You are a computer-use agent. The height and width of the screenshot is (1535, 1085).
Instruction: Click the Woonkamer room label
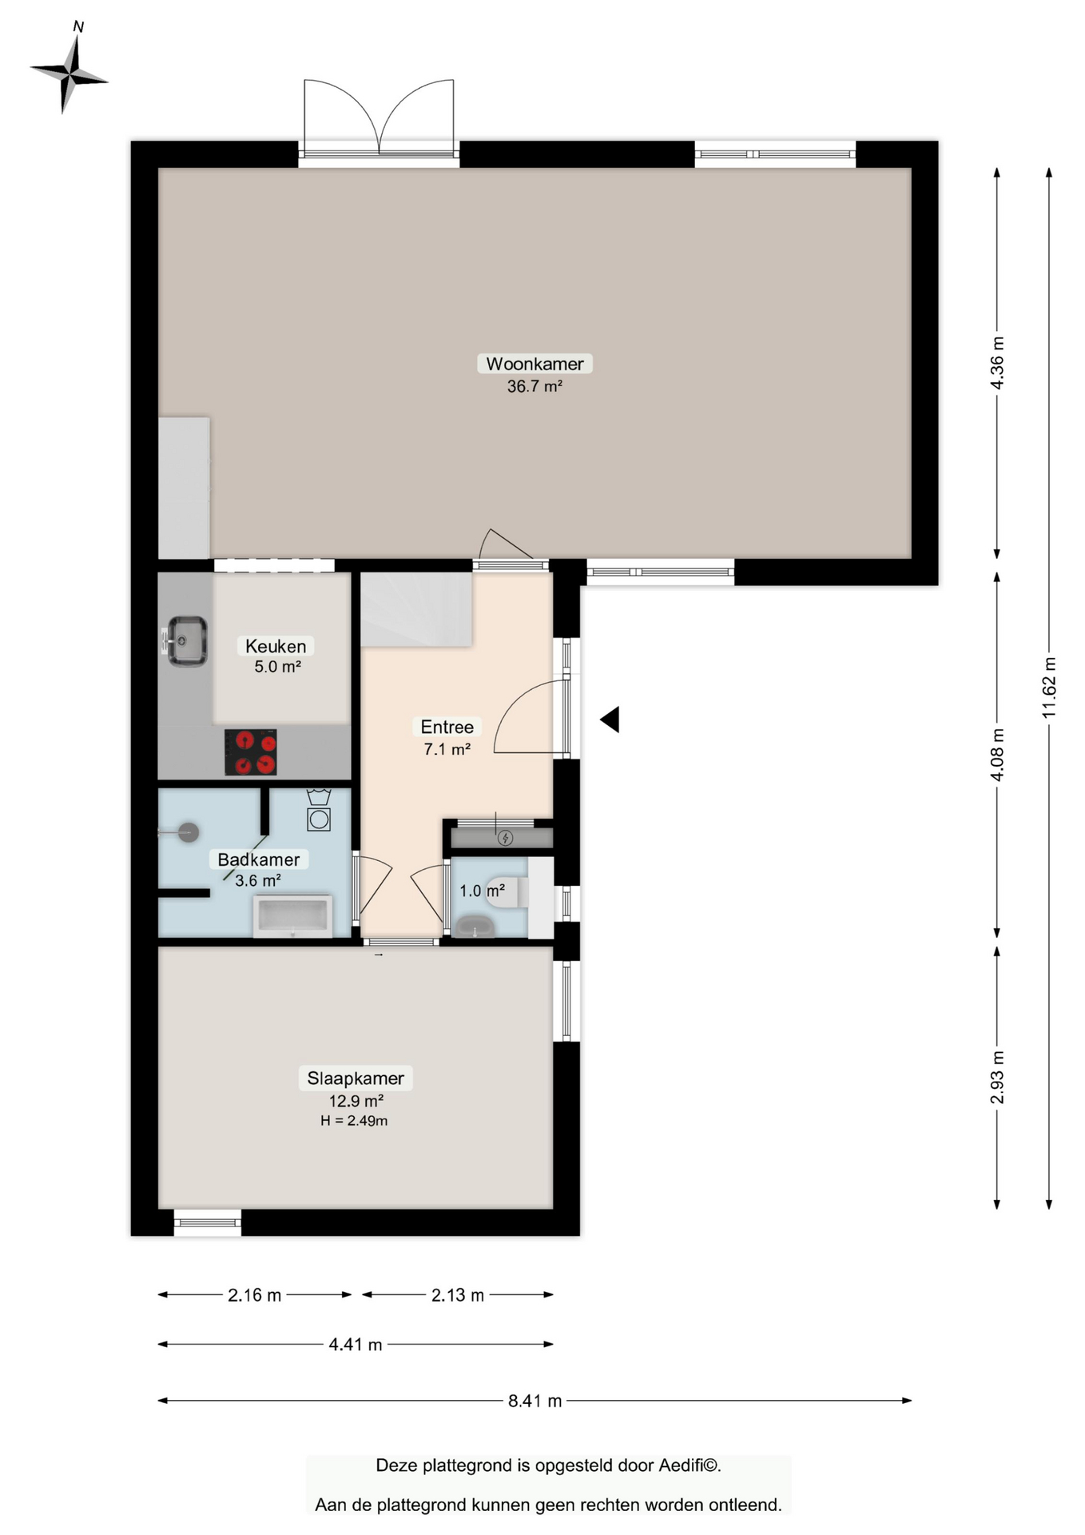[x=535, y=364]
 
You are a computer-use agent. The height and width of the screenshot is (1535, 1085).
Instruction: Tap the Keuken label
[x=276, y=646]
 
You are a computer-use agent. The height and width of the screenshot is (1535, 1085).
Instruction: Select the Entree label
[x=447, y=727]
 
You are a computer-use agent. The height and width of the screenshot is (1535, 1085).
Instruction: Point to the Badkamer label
[x=259, y=859]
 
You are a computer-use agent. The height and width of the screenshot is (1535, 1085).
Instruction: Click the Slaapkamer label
[x=356, y=1078]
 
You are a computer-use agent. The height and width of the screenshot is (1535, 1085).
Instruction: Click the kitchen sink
[x=185, y=640]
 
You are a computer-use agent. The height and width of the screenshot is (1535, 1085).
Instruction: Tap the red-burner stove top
[x=251, y=752]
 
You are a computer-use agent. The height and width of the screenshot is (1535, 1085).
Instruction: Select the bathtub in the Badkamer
[x=292, y=916]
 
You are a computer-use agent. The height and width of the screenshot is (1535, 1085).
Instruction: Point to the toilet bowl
[x=509, y=891]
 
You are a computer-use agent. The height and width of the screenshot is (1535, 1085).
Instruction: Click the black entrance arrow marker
[x=610, y=720]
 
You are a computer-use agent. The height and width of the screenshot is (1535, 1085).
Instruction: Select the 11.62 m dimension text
[x=1049, y=687]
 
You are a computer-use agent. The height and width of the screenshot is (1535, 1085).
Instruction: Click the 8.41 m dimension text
[x=535, y=1401]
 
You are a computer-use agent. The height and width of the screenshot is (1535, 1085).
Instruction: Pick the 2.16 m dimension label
[x=254, y=1295]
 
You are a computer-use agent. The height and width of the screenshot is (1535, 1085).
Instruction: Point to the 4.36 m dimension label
[x=997, y=362]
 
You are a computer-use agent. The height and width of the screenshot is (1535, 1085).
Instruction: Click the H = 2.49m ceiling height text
[x=354, y=1121]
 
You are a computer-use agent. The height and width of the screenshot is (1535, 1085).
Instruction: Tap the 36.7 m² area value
[x=535, y=386]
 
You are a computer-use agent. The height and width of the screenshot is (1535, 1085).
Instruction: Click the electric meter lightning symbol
[x=505, y=838]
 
